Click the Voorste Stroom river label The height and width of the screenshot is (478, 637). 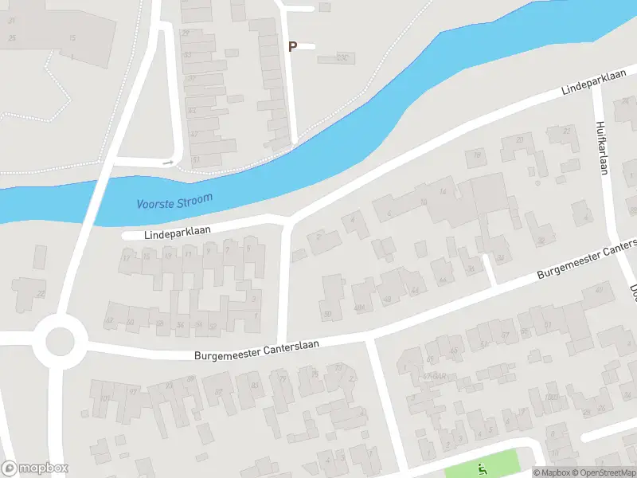click(x=174, y=201)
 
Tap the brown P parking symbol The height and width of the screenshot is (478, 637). click(x=292, y=47)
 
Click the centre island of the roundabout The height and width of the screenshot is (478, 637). click(x=60, y=341)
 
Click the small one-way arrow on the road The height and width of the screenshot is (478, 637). click(x=168, y=163)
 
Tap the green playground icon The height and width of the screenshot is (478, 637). click(x=481, y=467)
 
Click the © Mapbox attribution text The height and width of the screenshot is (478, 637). click(x=551, y=472)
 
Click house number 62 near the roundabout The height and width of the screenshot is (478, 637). click(x=110, y=322)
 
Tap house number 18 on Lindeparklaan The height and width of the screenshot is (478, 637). click(x=147, y=257)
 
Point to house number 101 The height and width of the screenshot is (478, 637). click(x=105, y=398)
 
